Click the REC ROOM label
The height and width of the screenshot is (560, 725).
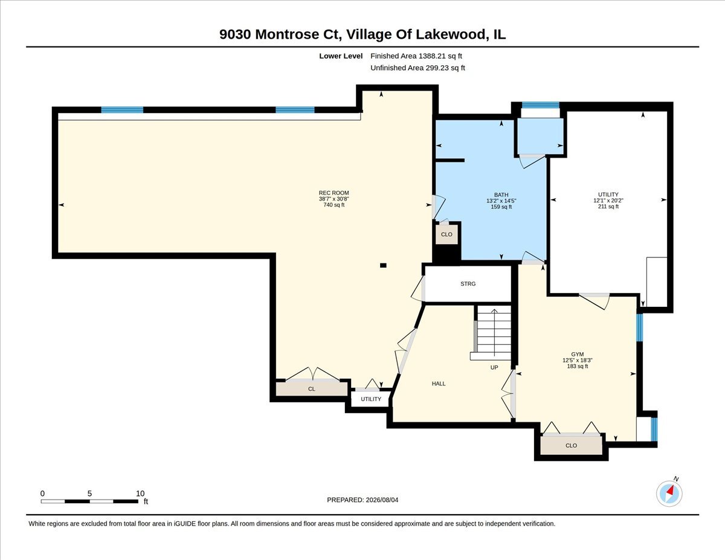[x=333, y=193]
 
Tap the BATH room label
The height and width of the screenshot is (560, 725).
[x=501, y=195]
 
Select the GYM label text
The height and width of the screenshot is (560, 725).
[x=577, y=354]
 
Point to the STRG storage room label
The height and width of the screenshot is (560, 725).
[x=468, y=284]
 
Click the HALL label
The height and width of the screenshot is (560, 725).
[x=439, y=384]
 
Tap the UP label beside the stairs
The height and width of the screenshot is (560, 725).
[x=494, y=367]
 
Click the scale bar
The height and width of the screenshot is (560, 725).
[x=89, y=501]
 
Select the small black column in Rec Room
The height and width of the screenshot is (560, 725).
[x=383, y=265]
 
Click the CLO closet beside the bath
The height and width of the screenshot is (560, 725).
[x=446, y=234]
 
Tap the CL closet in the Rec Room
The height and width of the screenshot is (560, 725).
[x=311, y=389]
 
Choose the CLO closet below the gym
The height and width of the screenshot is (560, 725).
[x=571, y=445]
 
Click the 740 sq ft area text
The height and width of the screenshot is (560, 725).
[x=333, y=205]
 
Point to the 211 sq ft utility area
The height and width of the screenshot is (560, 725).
[x=608, y=207]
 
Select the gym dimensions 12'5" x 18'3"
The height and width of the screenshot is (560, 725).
[x=577, y=360]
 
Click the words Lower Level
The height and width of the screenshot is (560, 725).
[x=341, y=56]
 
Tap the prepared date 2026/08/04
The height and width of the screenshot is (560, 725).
[x=382, y=500]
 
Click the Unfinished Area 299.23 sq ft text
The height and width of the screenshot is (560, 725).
[x=417, y=68]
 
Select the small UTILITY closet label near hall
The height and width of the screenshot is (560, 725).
[x=371, y=399]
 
